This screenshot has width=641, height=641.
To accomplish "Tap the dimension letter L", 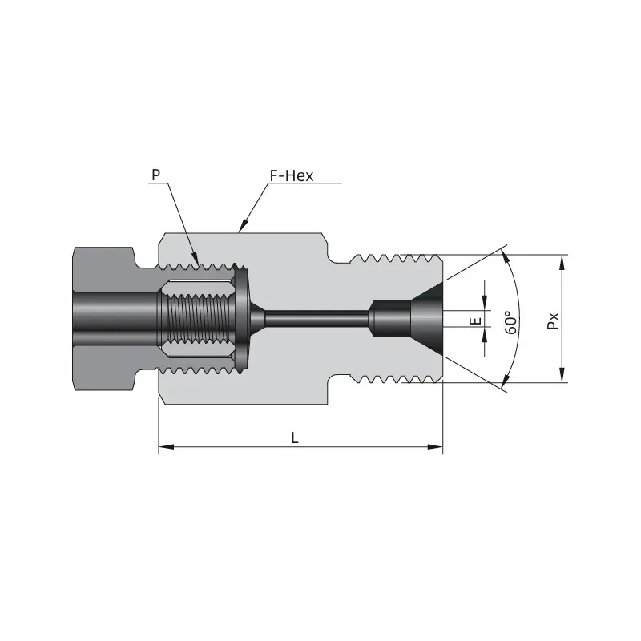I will [295, 437].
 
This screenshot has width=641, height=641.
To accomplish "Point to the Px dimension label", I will [553, 320].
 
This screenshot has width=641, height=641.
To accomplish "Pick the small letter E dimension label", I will [474, 320].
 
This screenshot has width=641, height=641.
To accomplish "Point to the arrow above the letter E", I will [485, 301].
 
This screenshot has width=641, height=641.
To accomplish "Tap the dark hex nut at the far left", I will [104, 318].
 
